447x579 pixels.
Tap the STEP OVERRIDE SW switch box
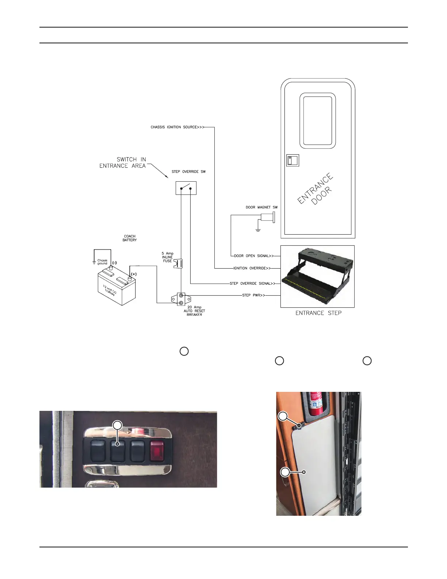pos(186,188)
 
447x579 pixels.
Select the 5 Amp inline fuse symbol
pos(179,264)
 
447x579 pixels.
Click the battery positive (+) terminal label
pos(134,274)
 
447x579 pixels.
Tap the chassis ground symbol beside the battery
pos(95,262)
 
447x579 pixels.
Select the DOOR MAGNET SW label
pos(261,207)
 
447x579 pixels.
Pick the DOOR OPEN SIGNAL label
pos(254,256)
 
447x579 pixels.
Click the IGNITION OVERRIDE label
pos(252,268)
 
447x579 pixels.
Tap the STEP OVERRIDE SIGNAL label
pos(252,284)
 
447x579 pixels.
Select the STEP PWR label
pos(253,295)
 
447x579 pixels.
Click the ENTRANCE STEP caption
pos(318,313)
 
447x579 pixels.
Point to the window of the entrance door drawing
pos(317,121)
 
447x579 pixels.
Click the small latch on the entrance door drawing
pos(292,160)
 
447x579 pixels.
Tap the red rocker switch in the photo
pos(157,451)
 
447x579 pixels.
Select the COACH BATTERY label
pos(130,238)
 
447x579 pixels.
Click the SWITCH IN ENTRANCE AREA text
pos(123,163)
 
